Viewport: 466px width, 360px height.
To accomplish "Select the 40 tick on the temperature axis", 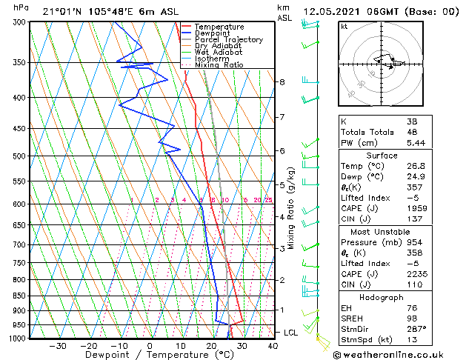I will point(273,345).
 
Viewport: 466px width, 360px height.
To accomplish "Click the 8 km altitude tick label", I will point(282,82).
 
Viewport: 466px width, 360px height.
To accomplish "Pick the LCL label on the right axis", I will point(291,333).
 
